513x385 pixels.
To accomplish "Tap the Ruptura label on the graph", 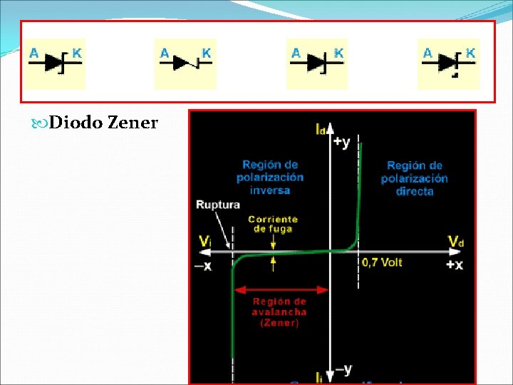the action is click(x=218, y=205).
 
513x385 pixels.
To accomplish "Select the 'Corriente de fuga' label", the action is click(x=273, y=224).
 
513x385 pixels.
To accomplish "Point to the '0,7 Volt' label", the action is click(x=382, y=262).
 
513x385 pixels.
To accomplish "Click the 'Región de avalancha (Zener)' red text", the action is click(x=279, y=312).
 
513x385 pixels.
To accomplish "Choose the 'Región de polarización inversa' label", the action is click(x=270, y=177).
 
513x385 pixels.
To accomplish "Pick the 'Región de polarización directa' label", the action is click(x=414, y=178).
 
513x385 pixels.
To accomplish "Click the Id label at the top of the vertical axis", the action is click(x=322, y=128).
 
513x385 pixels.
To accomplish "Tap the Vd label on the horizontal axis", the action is click(x=456, y=242).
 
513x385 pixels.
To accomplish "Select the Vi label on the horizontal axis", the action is click(x=204, y=242).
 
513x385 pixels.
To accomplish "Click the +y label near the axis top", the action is click(x=341, y=142).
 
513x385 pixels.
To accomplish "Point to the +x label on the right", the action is click(x=455, y=265).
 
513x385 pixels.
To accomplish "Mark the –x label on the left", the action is click(x=203, y=266).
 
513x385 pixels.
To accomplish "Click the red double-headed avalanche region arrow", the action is click(x=281, y=290).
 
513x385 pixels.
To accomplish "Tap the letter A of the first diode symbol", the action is click(x=33, y=52).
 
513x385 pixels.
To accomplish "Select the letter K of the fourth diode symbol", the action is click(x=470, y=53).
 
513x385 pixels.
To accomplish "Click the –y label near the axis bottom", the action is click(x=343, y=369).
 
